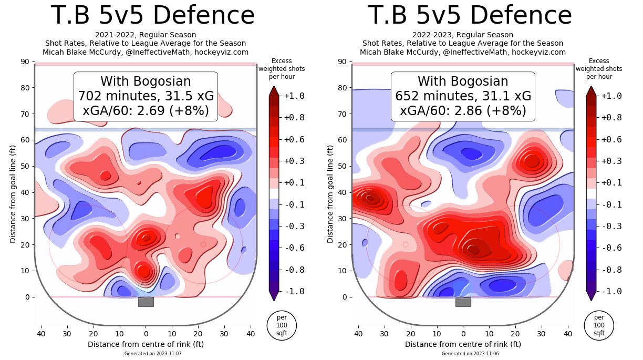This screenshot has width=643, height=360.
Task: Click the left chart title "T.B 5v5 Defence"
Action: pyautogui.click(x=152, y=16)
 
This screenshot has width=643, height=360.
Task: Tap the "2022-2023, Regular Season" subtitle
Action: pyautogui.click(x=463, y=35)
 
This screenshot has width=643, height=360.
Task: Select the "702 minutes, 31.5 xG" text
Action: pyautogui.click(x=146, y=96)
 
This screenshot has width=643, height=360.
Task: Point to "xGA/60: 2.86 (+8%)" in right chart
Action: pyautogui.click(x=463, y=111)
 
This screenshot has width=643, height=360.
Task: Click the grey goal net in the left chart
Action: pyautogui.click(x=146, y=302)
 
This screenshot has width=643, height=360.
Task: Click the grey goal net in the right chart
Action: pyautogui.click(x=463, y=302)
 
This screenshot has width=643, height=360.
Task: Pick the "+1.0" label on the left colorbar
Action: pyautogui.click(x=294, y=96)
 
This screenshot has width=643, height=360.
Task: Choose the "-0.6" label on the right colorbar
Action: pyautogui.click(x=611, y=248)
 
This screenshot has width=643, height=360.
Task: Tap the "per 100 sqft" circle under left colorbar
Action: pyautogui.click(x=282, y=325)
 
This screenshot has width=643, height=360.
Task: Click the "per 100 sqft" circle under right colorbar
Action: pyautogui.click(x=599, y=325)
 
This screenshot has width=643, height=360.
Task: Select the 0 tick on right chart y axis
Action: pyautogui.click(x=345, y=297)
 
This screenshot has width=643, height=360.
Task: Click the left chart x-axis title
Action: pyautogui.click(x=146, y=344)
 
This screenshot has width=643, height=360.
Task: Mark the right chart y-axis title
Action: pyautogui.click(x=330, y=194)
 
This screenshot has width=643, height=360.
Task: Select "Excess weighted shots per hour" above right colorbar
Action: pyautogui.click(x=599, y=69)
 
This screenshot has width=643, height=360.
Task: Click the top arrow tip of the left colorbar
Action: pyautogui.click(x=274, y=87)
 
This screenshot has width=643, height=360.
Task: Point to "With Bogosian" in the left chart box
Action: pyautogui.click(x=146, y=81)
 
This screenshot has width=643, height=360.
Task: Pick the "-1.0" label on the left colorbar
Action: pyautogui.click(x=294, y=291)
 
